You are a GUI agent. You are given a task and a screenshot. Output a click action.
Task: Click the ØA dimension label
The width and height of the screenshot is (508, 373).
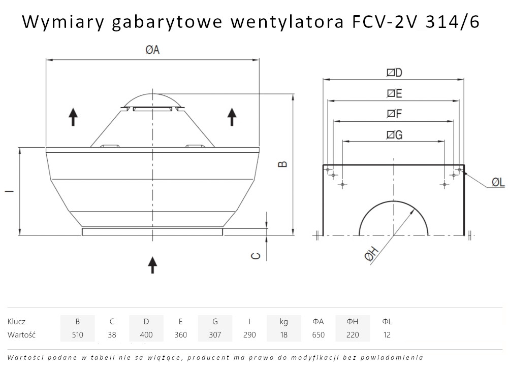[152, 50]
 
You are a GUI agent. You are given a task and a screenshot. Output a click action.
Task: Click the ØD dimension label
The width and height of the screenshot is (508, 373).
[394, 73]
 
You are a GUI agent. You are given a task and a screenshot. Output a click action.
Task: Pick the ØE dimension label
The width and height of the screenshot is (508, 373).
[394, 93]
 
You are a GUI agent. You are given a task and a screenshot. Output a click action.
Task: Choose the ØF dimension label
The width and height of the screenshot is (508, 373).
[394, 114]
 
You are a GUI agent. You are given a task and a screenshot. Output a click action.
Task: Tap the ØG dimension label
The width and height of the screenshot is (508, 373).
[394, 134]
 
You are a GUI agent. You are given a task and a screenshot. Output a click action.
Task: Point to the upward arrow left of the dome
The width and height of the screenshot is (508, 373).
[73, 117]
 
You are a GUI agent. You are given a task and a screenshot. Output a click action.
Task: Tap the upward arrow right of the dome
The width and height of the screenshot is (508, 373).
[232, 117]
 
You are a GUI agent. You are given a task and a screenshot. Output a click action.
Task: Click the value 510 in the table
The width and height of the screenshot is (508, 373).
[77, 335]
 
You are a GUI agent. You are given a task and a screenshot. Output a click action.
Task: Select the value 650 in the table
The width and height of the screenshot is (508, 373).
[318, 335]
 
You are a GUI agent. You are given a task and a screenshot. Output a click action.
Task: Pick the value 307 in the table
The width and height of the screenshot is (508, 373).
[215, 335]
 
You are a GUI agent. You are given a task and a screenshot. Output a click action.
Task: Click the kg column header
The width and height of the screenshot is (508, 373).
[283, 321]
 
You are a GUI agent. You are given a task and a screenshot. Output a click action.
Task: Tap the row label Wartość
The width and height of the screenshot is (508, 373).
[22, 335]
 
